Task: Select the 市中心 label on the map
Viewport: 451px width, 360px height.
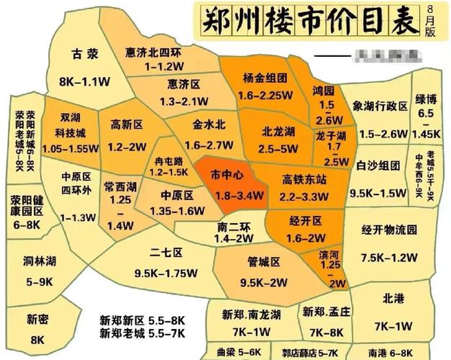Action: [226, 175]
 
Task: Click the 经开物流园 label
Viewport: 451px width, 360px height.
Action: [389, 230]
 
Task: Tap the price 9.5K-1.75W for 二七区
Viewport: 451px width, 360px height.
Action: [166, 273]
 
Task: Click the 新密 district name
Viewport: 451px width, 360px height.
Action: [37, 319]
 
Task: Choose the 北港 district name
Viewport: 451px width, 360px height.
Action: [393, 295]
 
